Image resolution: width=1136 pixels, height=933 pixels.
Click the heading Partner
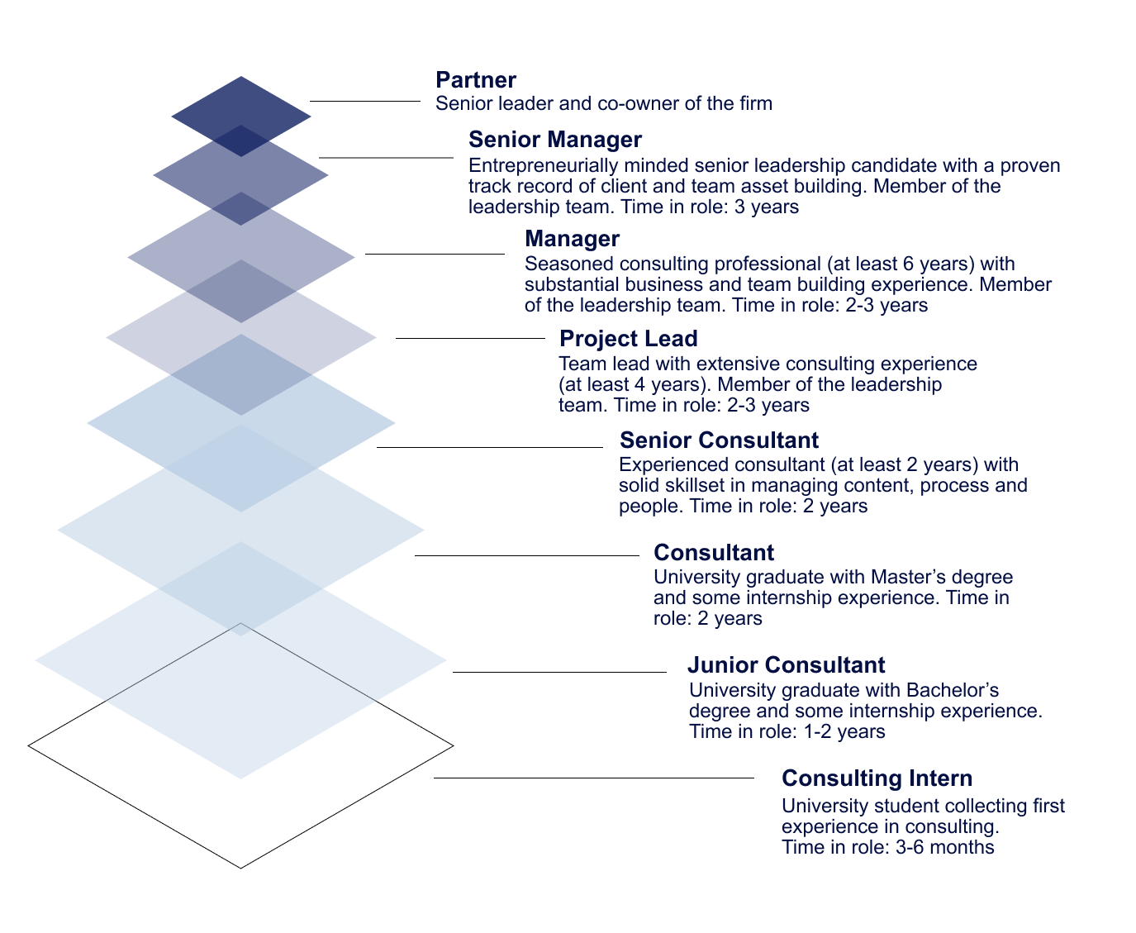pos(475,80)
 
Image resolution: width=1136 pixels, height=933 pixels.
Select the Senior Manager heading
pos(554,140)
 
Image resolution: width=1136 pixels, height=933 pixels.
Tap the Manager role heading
pos(572,239)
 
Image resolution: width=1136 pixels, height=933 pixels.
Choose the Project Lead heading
pos(628,339)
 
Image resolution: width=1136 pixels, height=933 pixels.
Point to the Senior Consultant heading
pos(719,440)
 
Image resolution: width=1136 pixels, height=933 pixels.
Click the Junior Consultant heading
pos(786,665)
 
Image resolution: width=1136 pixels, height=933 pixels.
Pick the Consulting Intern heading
pos(877,778)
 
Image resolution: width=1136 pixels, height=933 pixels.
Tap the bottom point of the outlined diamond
pos(240,867)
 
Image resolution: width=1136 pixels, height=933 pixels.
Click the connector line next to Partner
pos(364,101)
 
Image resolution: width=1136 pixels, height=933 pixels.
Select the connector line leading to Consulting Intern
pos(593,778)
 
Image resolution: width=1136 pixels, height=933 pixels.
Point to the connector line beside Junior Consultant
pos(558,673)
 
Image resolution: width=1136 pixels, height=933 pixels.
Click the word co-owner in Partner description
pos(632,104)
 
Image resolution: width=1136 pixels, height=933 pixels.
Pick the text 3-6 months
pos(945,847)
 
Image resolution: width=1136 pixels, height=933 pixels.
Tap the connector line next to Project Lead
pos(470,338)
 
